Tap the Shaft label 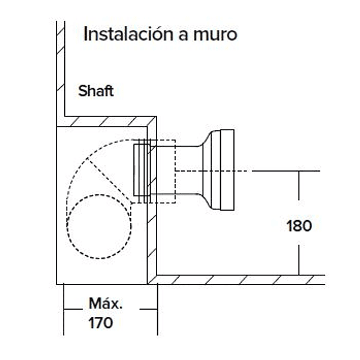tap(95, 92)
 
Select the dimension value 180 tap(299, 226)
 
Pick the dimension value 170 tap(100, 323)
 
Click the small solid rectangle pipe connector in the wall tap(142, 171)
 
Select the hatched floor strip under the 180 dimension tap(240, 280)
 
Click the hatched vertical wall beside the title tap(60, 72)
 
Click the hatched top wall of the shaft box tap(108, 122)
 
